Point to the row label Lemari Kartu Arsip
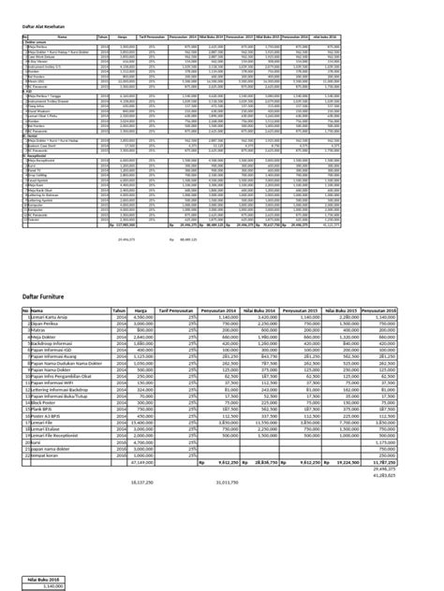point(52,317)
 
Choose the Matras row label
point(41,330)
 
